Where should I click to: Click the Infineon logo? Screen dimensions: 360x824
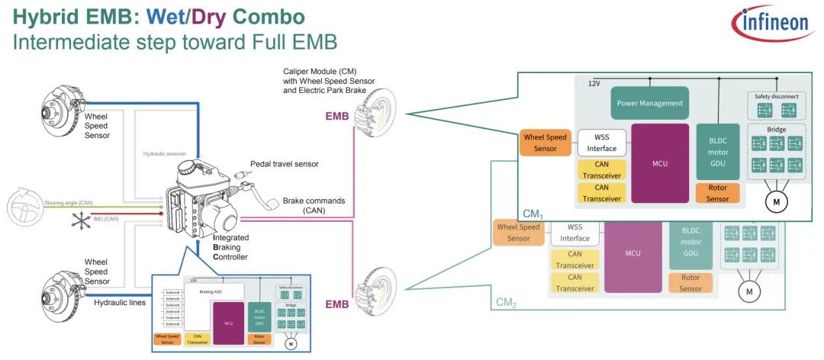coord(773,26)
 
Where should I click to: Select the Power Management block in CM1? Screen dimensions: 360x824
coord(647,103)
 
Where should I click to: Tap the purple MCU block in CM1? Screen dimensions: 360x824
coord(660,163)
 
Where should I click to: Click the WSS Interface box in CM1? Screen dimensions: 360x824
coord(601,142)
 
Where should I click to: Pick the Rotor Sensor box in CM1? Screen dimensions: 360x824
coord(717,194)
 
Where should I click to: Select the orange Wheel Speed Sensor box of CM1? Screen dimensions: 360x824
coord(545,143)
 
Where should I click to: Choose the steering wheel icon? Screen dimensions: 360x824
coord(24,206)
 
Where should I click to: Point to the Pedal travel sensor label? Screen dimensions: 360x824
coord(284,164)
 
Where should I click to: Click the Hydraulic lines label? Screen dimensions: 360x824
coord(119,302)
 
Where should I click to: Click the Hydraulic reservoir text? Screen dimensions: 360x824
coord(166,153)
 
